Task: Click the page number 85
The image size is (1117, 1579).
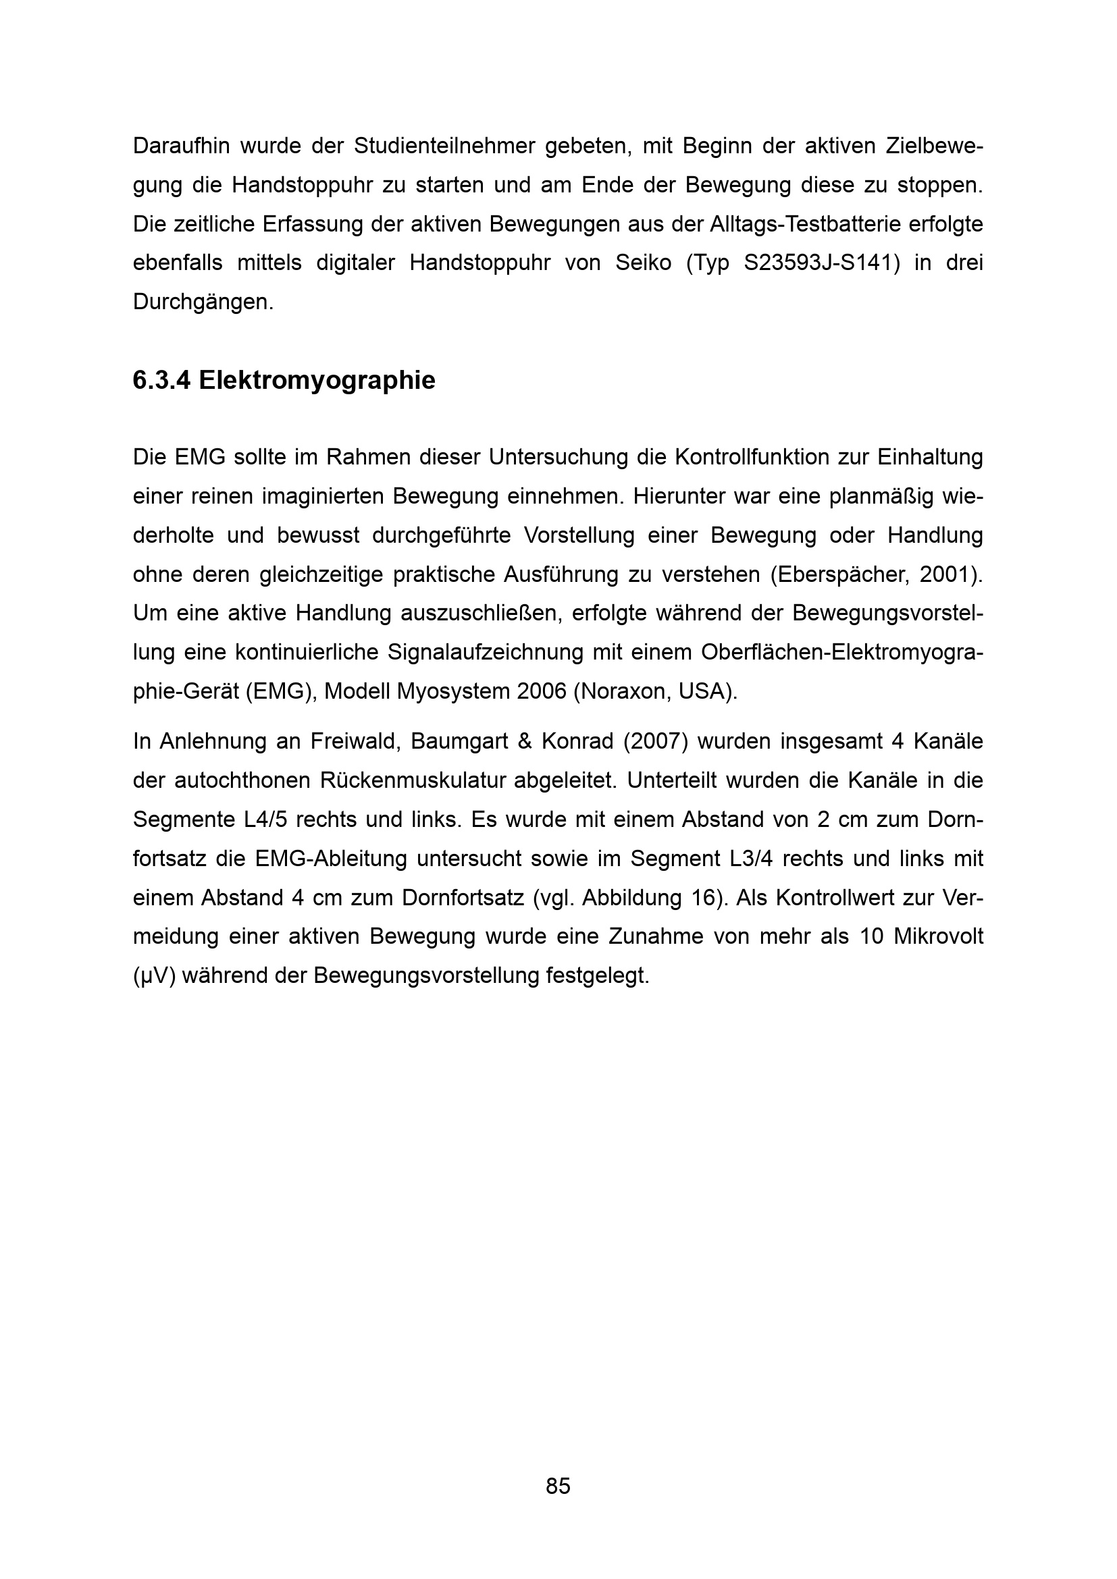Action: click(x=558, y=1486)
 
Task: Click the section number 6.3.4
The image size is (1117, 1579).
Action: click(x=161, y=380)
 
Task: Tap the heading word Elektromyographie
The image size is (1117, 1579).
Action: click(x=317, y=380)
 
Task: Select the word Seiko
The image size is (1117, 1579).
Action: click(x=643, y=263)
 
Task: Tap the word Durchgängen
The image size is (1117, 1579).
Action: click(x=203, y=302)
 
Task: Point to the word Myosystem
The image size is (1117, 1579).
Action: click(x=454, y=691)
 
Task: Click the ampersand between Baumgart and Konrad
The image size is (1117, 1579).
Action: click(x=525, y=741)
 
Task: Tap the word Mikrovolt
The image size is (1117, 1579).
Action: click(x=938, y=937)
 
